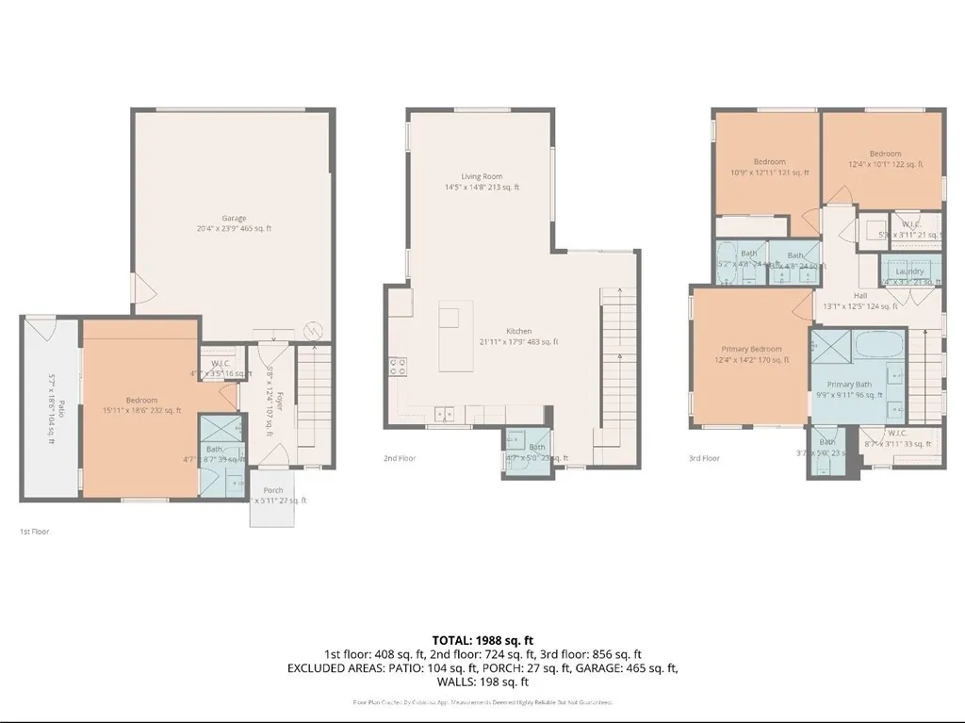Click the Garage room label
tap(234, 219)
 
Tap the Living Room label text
tap(482, 177)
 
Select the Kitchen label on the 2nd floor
tap(518, 332)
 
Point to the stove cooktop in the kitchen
tap(398, 367)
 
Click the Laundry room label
tap(909, 271)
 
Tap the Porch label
tap(273, 490)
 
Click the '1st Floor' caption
tap(35, 532)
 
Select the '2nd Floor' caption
tap(400, 458)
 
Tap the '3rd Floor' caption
tap(704, 458)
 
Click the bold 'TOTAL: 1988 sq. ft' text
tap(482, 639)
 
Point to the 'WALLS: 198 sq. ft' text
tap(482, 682)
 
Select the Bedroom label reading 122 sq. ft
tap(885, 154)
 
